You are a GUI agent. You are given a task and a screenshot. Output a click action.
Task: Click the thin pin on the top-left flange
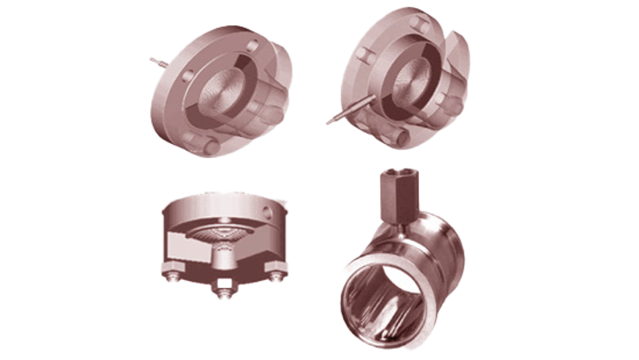pyautogui.click(x=157, y=61)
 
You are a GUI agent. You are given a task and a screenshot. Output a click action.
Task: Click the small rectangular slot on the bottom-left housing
pyautogui.click(x=228, y=283)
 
